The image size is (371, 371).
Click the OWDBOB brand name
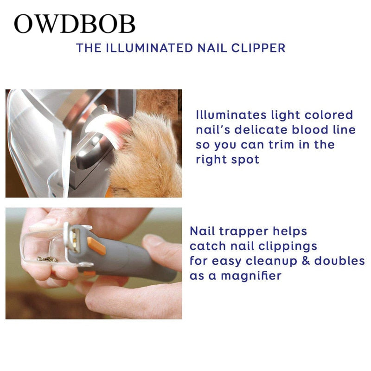click(x=75, y=24)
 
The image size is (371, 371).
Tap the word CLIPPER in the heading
click(x=258, y=48)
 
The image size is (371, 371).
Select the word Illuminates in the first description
click(x=231, y=115)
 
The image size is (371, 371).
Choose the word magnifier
click(x=251, y=276)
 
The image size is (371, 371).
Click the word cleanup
click(x=271, y=262)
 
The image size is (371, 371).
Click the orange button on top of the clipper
click(x=96, y=246)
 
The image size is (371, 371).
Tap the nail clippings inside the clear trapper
click(x=48, y=260)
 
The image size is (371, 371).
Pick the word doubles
click(x=339, y=261)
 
